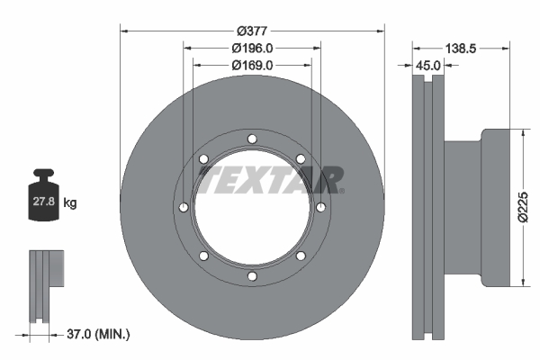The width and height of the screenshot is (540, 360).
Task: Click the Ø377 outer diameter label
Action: click(252, 31)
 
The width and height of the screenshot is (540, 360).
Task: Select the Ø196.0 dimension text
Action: click(252, 49)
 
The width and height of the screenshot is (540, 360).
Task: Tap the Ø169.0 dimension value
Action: click(252, 65)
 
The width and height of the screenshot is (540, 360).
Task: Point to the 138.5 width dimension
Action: click(461, 49)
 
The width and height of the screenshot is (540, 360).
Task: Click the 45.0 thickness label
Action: click(427, 66)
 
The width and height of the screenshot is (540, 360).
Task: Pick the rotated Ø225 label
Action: click(523, 207)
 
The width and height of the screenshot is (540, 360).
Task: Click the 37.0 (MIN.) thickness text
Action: click(98, 334)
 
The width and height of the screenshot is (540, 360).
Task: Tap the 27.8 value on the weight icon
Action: click(44, 202)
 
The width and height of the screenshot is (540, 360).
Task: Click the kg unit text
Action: click(70, 202)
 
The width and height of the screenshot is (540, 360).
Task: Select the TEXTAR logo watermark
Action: click(271, 180)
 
